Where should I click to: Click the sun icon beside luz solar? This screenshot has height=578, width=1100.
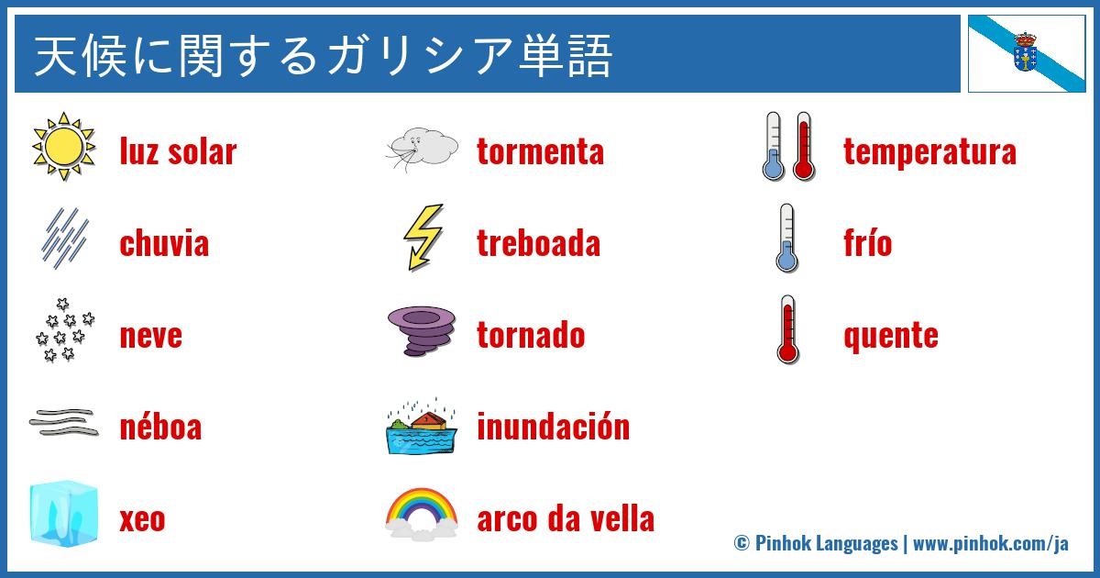point(64,147)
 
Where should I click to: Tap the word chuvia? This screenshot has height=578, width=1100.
point(164,244)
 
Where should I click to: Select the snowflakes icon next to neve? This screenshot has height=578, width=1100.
point(64,330)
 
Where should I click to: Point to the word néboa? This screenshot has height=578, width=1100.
point(160,428)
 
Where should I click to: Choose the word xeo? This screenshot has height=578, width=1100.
point(142,520)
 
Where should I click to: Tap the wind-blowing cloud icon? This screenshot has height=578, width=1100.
point(422,148)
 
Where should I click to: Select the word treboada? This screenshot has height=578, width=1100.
point(538,244)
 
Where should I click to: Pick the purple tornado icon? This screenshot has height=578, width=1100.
point(422,331)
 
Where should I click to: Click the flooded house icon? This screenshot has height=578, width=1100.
point(421,426)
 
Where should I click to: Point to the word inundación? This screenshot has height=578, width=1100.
point(553,428)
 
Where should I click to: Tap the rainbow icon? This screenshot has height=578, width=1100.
point(422,513)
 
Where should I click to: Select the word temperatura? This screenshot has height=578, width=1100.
point(929,152)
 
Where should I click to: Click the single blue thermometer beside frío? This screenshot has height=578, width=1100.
point(786,239)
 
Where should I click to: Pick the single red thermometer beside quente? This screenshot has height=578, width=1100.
point(786,330)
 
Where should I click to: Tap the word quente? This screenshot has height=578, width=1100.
point(890,336)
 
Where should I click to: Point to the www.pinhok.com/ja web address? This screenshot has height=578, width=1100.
point(991,543)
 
